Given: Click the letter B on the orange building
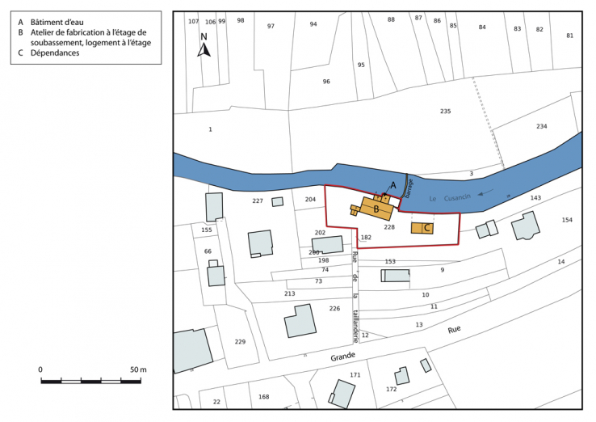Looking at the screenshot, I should (x=376, y=209).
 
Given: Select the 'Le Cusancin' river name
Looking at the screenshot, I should (x=445, y=198).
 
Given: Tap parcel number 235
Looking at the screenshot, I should (x=445, y=111).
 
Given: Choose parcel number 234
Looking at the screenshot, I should (x=541, y=126).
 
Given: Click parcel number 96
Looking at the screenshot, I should (x=326, y=82).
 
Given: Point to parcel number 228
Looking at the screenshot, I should (x=389, y=227).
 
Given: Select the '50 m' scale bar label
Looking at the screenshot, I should (x=138, y=369).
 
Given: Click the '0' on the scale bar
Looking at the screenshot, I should (x=41, y=369).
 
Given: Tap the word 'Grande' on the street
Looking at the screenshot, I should (x=342, y=357).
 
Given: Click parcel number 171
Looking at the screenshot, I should (x=355, y=375).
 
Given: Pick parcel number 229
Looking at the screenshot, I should (x=240, y=342).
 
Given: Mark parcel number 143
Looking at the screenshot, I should (x=535, y=198).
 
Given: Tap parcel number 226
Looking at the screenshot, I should (x=334, y=308).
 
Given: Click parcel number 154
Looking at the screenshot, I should (x=567, y=220).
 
